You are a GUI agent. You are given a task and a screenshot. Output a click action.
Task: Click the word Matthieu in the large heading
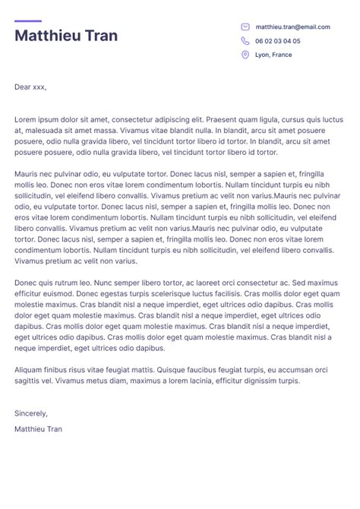point(49,36)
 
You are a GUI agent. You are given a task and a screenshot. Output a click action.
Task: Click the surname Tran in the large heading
point(102,36)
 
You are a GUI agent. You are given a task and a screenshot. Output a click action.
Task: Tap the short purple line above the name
point(28,21)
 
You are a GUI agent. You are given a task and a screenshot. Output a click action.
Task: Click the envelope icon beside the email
point(245,27)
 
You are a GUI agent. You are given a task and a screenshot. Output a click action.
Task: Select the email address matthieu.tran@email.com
point(292,27)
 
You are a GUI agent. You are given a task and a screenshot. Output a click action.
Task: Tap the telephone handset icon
point(245,41)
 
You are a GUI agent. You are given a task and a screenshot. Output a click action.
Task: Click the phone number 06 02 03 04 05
point(277,41)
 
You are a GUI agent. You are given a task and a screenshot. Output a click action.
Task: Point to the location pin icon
point(245,55)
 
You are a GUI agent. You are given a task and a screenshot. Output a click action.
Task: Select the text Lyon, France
point(273,55)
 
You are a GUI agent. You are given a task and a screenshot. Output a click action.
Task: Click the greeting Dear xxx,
point(30,87)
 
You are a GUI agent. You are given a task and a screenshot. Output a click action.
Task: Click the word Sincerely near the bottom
point(30,413)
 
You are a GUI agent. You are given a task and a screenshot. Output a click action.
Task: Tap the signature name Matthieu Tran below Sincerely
point(38,429)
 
